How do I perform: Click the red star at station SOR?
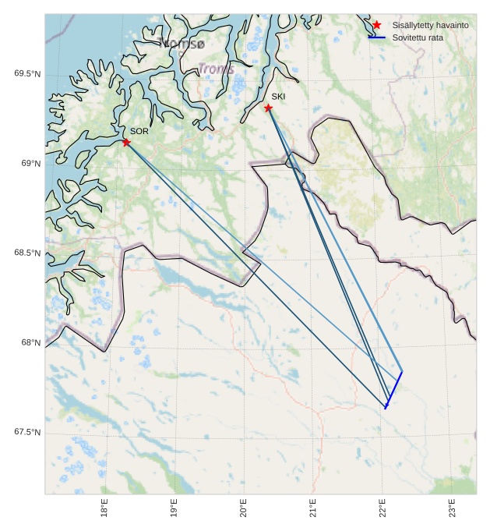point(126,142)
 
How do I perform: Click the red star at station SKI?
point(268,108)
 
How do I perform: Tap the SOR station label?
point(139,131)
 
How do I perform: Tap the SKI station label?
point(278,96)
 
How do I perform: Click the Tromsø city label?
point(181,43)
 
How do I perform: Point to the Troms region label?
point(216,69)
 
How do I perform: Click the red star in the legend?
point(376,25)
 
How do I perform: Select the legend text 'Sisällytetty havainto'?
point(430,26)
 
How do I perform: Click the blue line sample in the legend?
point(377,37)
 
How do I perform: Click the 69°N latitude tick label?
point(30,164)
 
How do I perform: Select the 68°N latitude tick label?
point(30,343)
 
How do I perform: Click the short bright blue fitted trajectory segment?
point(393,390)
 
